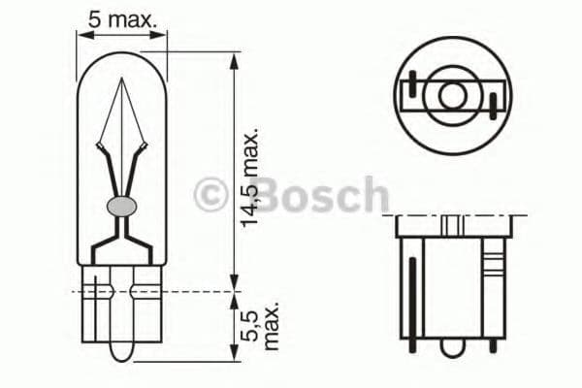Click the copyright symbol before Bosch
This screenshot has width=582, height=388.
coord(210,194)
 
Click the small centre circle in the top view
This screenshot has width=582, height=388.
coord(451,94)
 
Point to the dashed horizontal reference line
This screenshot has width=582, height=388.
coord(155,289)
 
